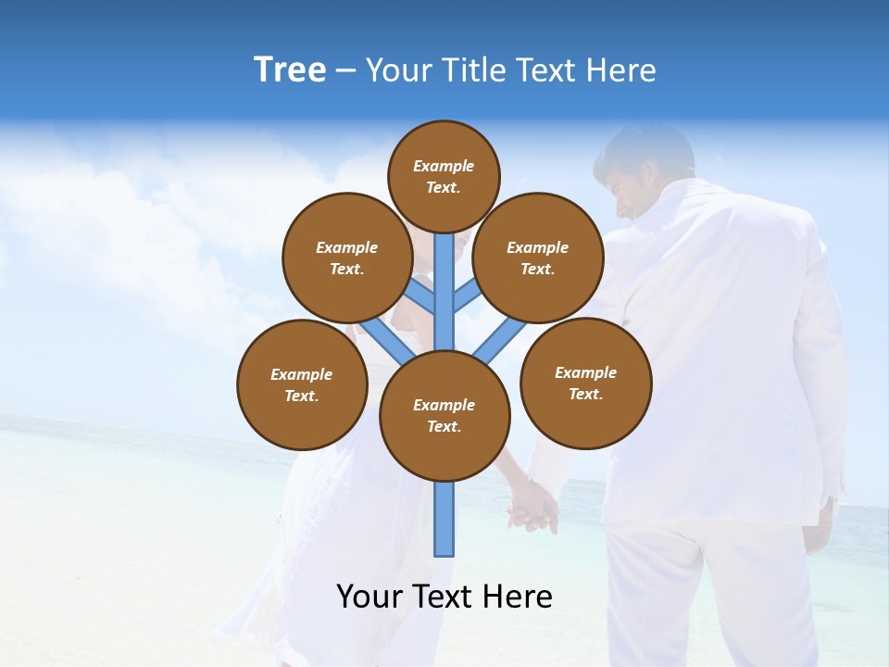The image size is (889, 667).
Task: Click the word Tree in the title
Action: coord(290,70)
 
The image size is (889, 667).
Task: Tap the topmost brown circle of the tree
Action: coord(444,176)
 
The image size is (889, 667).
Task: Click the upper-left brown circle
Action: coord(346,258)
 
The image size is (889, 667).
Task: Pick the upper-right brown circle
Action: coord(537,258)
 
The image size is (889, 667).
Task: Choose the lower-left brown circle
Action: coord(301,384)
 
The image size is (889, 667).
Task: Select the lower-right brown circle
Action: coord(585,383)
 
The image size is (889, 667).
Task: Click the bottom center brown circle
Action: coord(444,415)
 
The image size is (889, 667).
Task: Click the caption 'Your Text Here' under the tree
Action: coord(444,597)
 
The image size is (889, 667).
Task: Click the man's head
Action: coord(644,171)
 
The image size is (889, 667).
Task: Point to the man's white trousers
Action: coord(704,593)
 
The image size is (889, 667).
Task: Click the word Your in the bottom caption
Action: coord(368,597)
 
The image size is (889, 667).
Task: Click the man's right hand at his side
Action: coord(820,528)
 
